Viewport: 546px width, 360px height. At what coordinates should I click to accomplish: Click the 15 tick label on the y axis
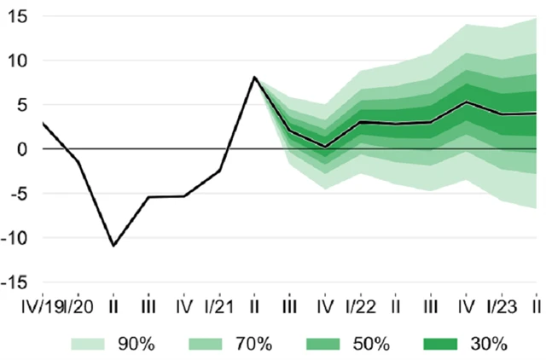click(20, 17)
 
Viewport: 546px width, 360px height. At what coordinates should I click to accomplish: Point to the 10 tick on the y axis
click(20, 61)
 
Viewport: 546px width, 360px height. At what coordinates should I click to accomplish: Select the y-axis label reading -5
click(20, 194)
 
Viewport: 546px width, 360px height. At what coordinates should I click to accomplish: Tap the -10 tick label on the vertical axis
click(16, 238)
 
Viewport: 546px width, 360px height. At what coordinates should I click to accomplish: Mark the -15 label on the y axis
click(16, 282)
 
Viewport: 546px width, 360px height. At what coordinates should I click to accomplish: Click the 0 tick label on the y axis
click(24, 149)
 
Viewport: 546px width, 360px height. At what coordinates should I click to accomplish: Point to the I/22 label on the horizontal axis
click(360, 305)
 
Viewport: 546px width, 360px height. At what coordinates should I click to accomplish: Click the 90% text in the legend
click(137, 345)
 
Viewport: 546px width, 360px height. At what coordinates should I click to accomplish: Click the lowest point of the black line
click(113, 245)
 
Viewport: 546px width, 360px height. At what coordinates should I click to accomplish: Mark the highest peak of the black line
click(254, 78)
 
